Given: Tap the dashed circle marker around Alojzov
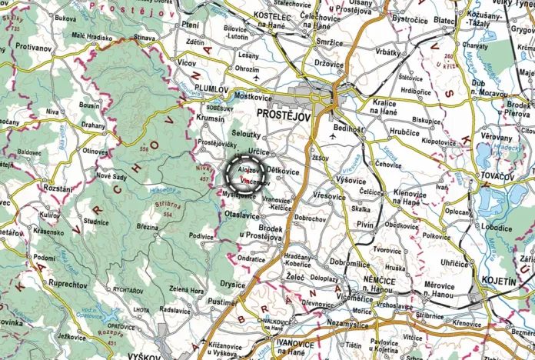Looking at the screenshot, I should click(245, 174).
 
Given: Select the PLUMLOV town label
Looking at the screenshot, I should click(211, 89).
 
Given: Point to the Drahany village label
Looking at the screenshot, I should click(94, 124).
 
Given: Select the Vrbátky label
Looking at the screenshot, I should click(388, 52).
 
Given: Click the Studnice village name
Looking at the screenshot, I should click(96, 222).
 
